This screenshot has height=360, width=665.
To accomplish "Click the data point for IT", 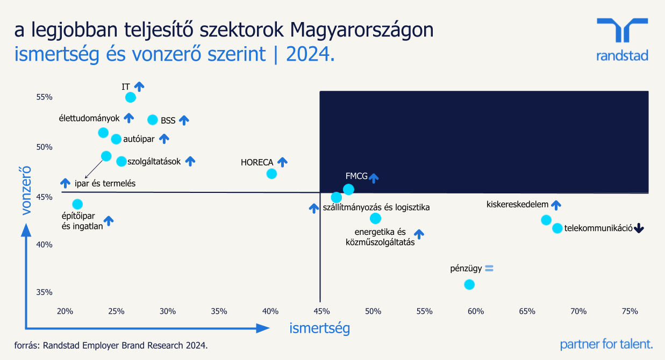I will [131, 97].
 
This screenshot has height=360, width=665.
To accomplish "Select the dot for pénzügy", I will [469, 284].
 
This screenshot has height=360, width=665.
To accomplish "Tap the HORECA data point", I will [271, 174].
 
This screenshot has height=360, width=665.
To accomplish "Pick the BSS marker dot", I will [153, 119].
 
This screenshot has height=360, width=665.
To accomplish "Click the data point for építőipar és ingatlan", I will [77, 204].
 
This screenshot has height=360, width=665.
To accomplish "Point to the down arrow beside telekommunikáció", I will [638, 228].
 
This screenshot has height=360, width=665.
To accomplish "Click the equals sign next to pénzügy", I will [489, 268].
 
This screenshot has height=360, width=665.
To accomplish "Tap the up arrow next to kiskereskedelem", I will [556, 205].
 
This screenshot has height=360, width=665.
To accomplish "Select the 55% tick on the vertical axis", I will [44, 97].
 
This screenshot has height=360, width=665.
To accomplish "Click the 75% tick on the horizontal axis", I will [630, 312].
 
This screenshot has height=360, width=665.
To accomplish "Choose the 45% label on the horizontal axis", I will [321, 312].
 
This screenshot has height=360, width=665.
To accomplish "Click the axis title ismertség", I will [319, 328].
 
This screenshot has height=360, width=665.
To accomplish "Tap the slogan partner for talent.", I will [606, 344].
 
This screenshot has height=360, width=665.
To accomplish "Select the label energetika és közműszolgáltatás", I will [380, 237].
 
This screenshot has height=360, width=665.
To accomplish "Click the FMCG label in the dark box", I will [356, 176].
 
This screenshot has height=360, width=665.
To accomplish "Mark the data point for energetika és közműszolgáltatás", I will [375, 218].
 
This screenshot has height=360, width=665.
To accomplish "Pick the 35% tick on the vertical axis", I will [44, 292].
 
